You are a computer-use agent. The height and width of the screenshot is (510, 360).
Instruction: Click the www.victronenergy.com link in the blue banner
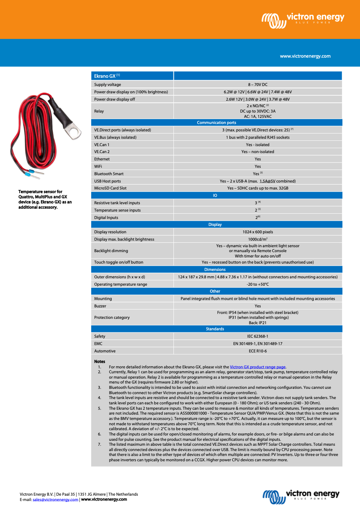(x=305, y=56)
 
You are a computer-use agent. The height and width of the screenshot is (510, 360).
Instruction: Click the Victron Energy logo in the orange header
(x=303, y=19)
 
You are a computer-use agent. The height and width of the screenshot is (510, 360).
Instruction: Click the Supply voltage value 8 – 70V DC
(x=257, y=85)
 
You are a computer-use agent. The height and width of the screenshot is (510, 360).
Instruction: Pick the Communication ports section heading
(x=216, y=122)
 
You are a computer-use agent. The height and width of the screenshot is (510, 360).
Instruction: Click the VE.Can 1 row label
(x=102, y=144)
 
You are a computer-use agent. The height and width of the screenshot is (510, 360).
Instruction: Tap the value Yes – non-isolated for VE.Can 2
(x=257, y=152)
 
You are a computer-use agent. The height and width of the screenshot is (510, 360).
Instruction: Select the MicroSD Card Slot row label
(x=110, y=188)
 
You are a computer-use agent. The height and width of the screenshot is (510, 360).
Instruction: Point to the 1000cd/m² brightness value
(x=257, y=239)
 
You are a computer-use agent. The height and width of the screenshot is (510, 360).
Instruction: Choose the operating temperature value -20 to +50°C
(x=257, y=284)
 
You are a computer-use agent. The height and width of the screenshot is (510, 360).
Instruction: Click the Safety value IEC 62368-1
(x=257, y=336)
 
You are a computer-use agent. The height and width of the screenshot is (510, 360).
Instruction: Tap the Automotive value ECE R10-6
(x=257, y=351)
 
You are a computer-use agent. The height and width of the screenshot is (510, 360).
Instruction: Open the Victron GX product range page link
(x=258, y=367)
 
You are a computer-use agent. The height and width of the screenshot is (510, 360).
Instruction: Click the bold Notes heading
(x=99, y=362)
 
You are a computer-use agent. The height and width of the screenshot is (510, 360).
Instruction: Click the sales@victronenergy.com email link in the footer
(x=55, y=499)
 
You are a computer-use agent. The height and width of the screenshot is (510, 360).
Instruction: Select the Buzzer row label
(x=100, y=306)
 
